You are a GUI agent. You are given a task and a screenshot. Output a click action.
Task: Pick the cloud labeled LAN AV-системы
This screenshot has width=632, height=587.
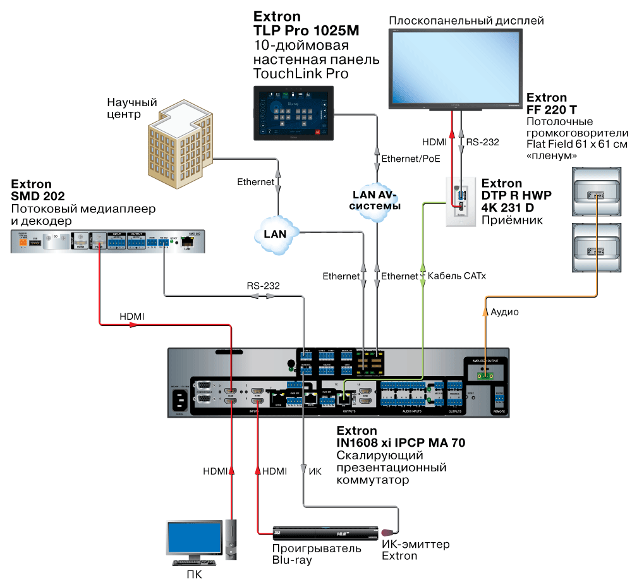point(376,202)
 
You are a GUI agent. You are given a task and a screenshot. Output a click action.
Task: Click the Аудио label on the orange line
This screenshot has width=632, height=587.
point(506,312)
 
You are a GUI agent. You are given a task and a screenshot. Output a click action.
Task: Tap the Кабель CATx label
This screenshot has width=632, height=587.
point(457,276)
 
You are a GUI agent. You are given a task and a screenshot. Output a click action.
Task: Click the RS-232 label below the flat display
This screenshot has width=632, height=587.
point(483,142)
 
